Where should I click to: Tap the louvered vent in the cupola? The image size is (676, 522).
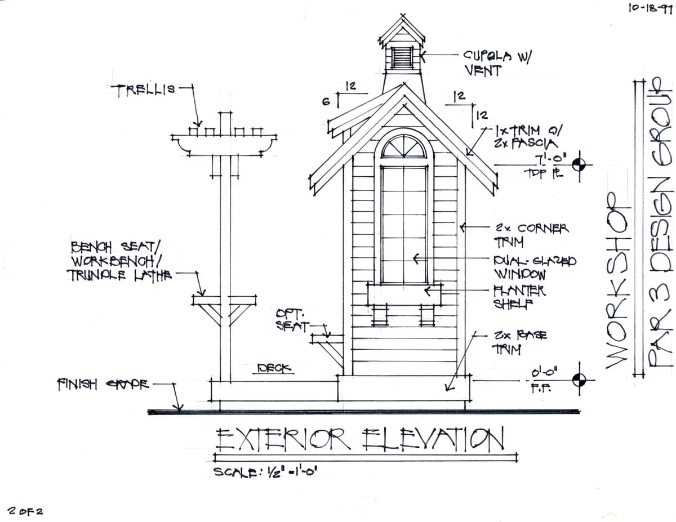pos(402,58)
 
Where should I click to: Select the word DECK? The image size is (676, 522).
pos(274,368)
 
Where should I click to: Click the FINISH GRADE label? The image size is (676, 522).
pos(103,385)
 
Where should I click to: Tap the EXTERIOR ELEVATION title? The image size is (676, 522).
pos(359,440)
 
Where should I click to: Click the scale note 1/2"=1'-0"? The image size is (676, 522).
pos(266,472)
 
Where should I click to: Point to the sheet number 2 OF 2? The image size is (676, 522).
pos(25,511)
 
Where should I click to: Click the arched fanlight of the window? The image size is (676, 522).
pos(403,147)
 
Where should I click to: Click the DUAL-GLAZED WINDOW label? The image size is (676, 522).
pos(534,268)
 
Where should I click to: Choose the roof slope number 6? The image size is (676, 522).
pos(326,101)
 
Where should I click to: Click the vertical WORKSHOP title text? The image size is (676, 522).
pos(617,280)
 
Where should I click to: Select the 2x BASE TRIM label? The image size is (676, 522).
pos(519,342)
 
